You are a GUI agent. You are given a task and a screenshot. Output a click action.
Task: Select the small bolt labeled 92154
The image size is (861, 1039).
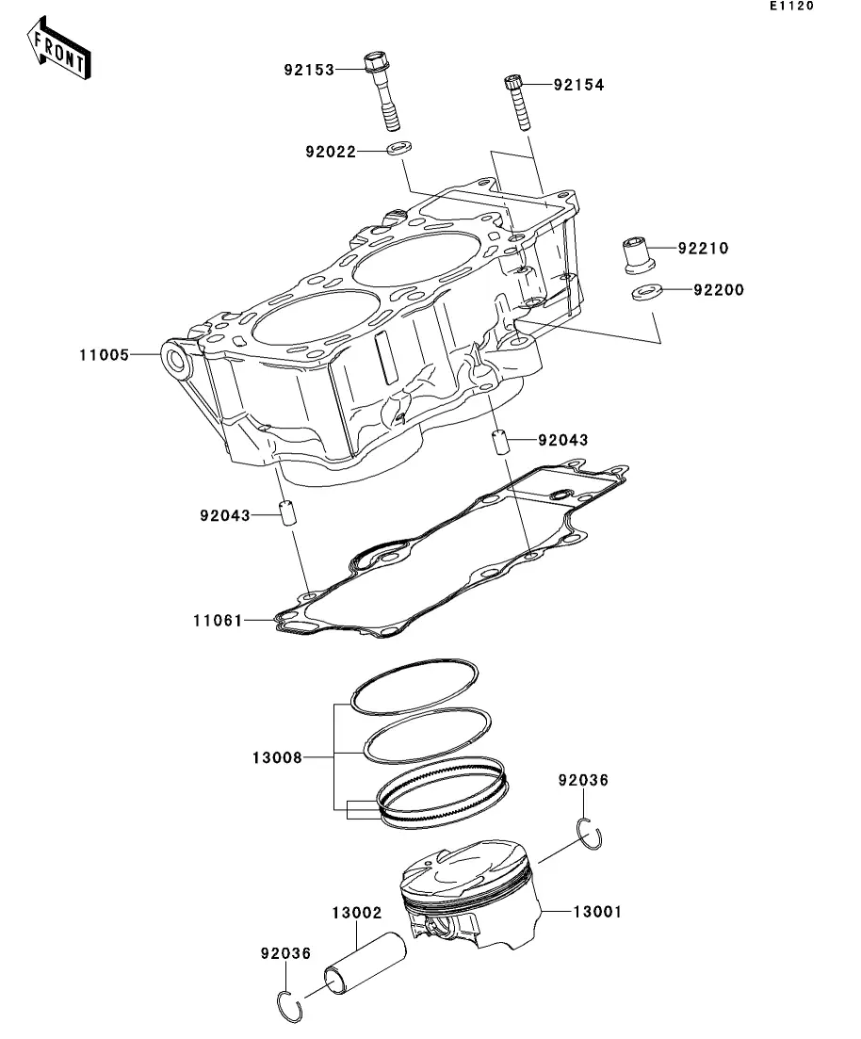pyautogui.click(x=519, y=102)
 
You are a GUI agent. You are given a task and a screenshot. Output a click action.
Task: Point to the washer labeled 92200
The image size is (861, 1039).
pyautogui.click(x=645, y=292)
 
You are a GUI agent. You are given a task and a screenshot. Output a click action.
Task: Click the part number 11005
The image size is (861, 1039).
pyautogui.click(x=104, y=355)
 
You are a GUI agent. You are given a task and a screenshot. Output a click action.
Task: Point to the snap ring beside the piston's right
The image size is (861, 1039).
pyautogui.click(x=591, y=835)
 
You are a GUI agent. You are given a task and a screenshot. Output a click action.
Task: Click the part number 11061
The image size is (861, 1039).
pyautogui.click(x=217, y=621)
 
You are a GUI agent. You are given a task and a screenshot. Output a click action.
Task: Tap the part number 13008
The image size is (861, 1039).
pyautogui.click(x=277, y=756)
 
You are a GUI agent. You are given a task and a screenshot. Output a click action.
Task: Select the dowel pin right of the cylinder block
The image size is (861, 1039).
pyautogui.click(x=500, y=441)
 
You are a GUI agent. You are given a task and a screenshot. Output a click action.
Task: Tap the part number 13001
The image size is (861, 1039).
pyautogui.click(x=599, y=912)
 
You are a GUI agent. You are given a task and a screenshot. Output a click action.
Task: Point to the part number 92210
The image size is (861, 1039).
pyautogui.click(x=703, y=249)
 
